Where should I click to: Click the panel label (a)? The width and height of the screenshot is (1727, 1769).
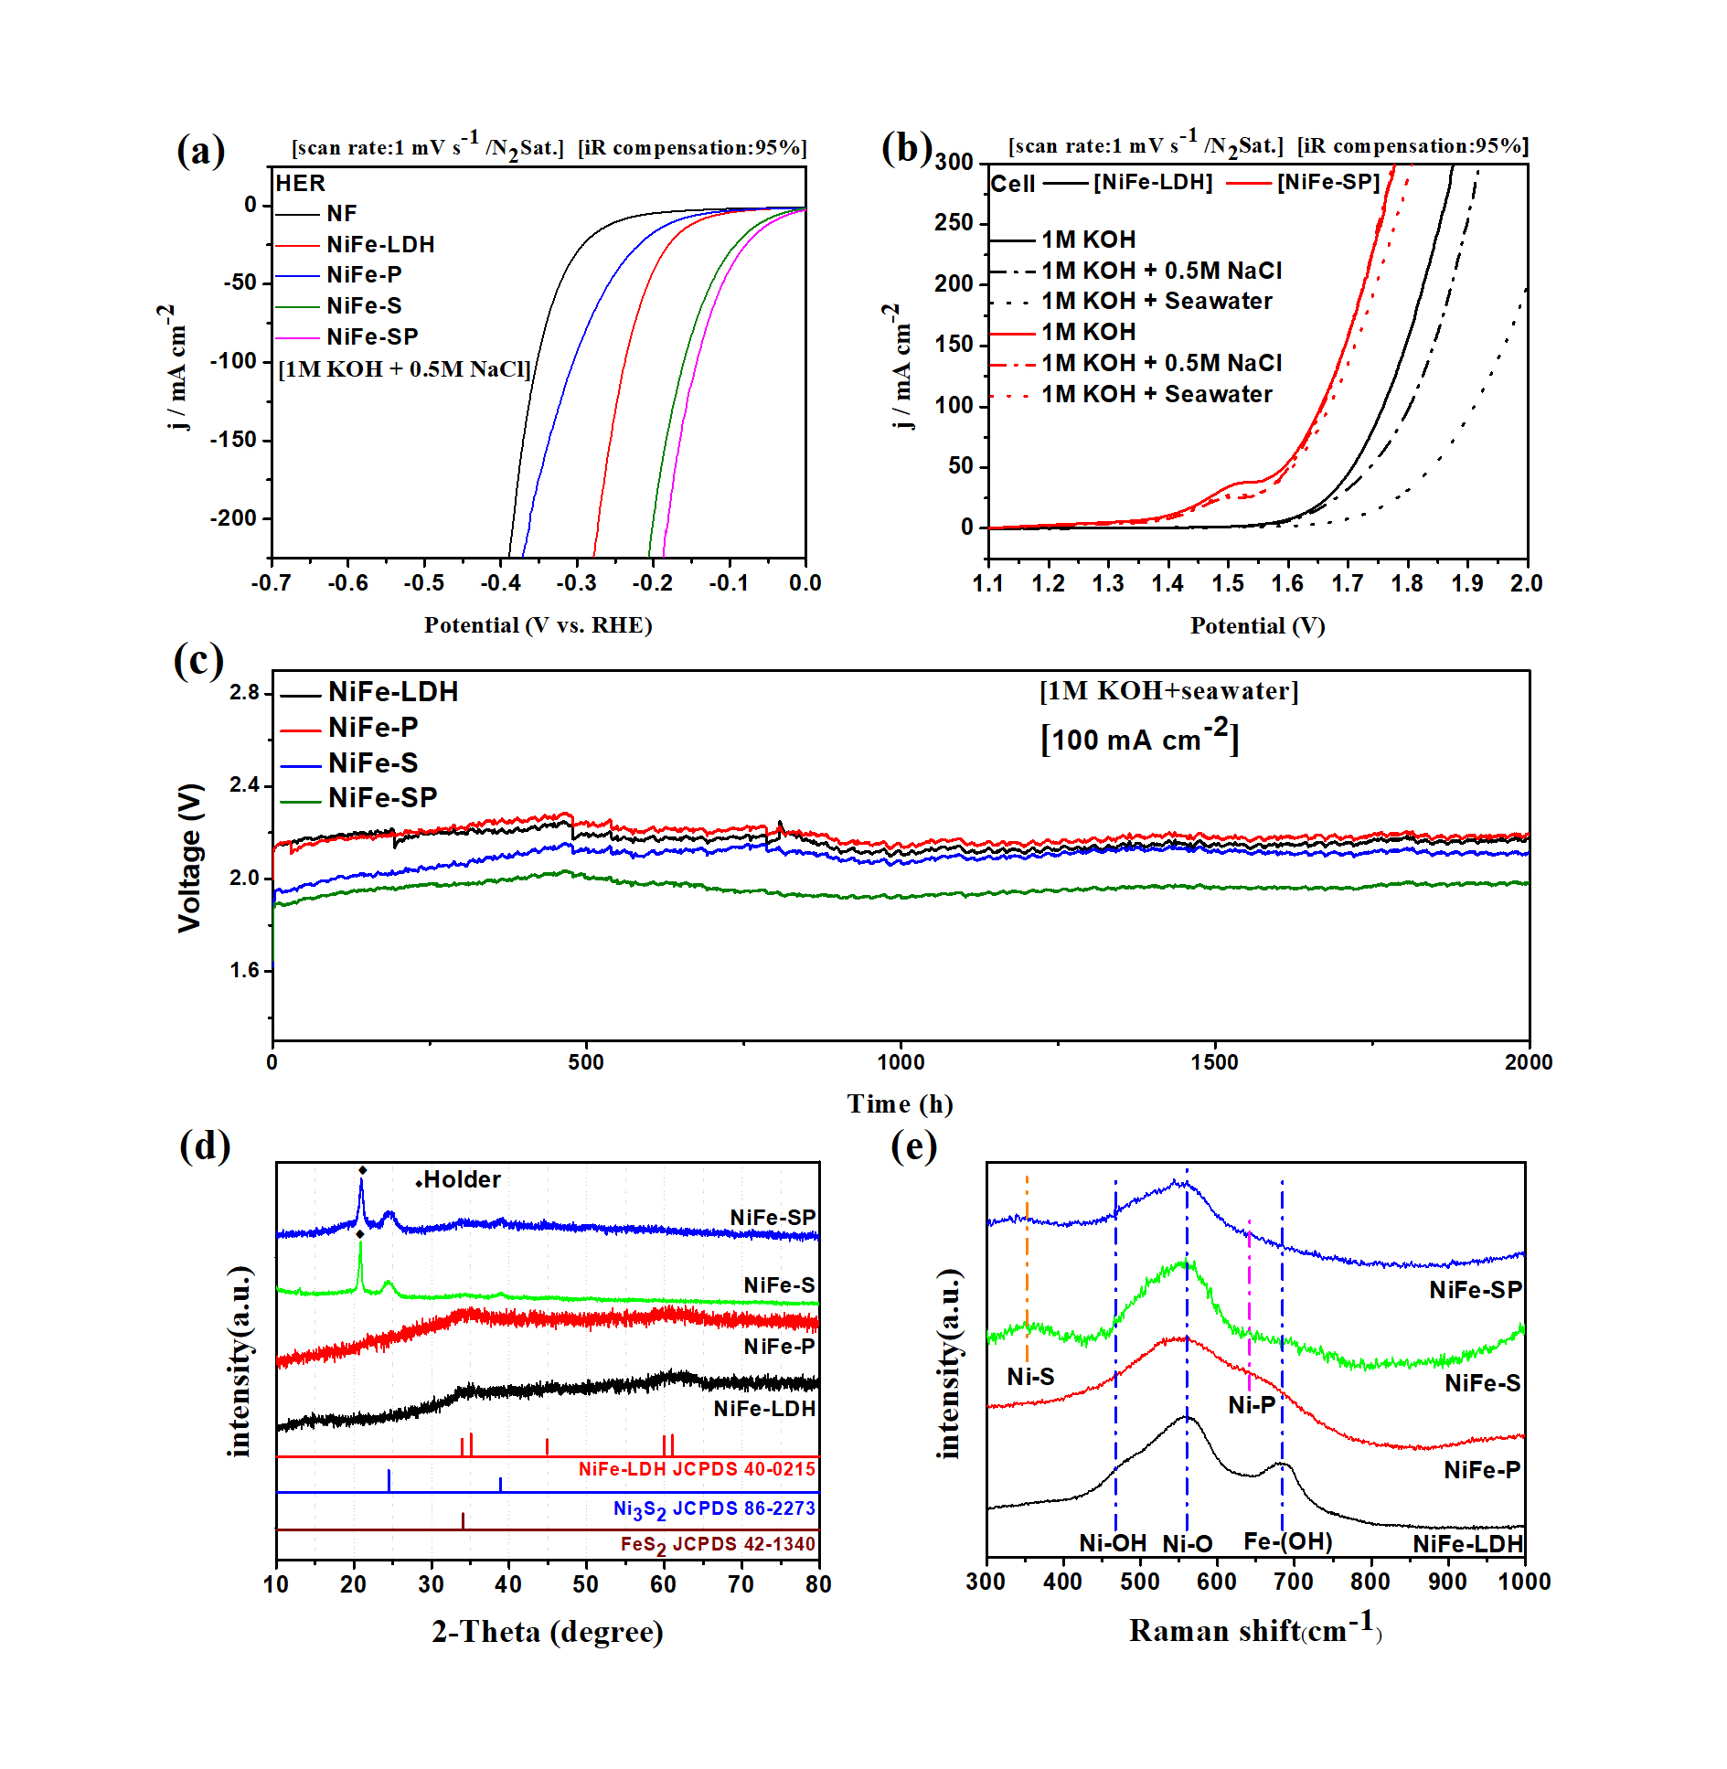[200, 151]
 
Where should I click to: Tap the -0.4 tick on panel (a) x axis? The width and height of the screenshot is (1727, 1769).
[499, 583]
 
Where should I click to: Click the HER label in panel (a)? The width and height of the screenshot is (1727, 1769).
[301, 183]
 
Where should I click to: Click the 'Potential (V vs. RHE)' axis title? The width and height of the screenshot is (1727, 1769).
[538, 625]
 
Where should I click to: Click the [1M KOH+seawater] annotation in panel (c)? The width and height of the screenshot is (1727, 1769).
[1168, 691]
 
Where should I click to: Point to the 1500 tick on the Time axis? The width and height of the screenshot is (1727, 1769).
[1214, 1062]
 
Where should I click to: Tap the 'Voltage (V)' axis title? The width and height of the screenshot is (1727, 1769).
[189, 857]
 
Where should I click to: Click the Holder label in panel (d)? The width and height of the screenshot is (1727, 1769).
[462, 1179]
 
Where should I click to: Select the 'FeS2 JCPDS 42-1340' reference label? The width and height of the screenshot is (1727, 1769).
[717, 1544]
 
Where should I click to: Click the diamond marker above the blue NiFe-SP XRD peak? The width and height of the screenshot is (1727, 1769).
[362, 1170]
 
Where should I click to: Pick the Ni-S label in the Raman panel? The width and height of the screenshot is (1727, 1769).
[1030, 1377]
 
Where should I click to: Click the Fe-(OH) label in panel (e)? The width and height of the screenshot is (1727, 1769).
[1287, 1542]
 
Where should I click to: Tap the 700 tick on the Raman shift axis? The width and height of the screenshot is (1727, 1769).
[1293, 1582]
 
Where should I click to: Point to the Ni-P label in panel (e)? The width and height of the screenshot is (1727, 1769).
[1251, 1405]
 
